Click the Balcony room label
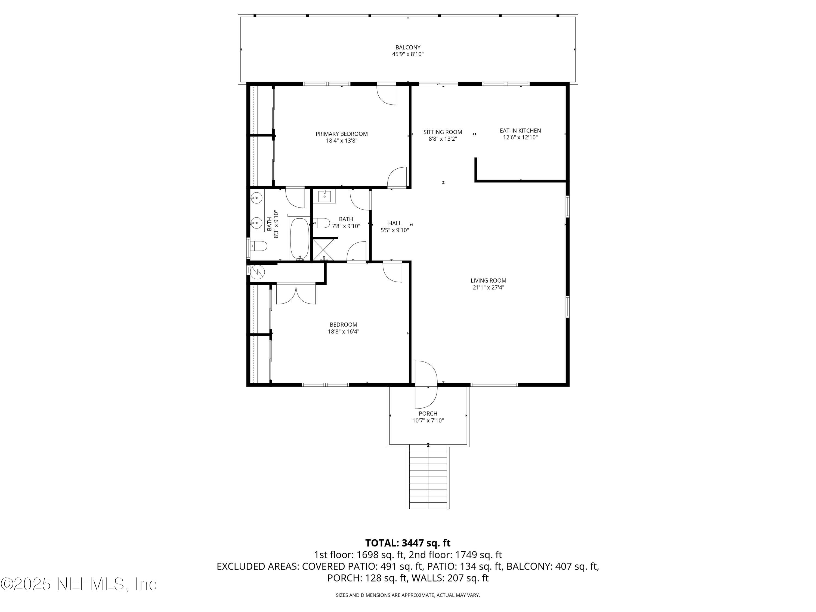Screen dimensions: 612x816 pyautogui.click(x=408, y=47)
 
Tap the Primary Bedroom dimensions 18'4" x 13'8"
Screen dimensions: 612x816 pyautogui.click(x=342, y=141)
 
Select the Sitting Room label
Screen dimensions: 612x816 pyautogui.click(x=443, y=132)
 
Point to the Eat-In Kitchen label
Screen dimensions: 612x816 pyautogui.click(x=520, y=131)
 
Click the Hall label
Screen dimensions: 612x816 pyautogui.click(x=395, y=223)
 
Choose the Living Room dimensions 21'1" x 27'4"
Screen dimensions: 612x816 pyautogui.click(x=489, y=288)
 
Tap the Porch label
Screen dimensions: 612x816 pyautogui.click(x=428, y=413)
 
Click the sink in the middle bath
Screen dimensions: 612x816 pyautogui.click(x=324, y=196)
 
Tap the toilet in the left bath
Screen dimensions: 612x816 pyautogui.click(x=259, y=246)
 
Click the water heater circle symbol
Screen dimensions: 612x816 pyautogui.click(x=258, y=272)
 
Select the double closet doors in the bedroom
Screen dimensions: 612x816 pyautogui.click(x=296, y=294)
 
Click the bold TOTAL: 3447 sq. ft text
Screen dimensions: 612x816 pyautogui.click(x=408, y=543)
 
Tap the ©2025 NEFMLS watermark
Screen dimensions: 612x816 pyautogui.click(x=79, y=584)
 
